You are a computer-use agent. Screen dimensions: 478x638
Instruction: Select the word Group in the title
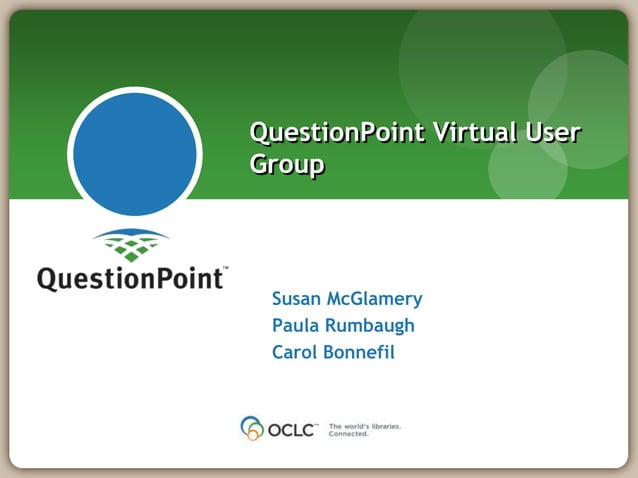286,166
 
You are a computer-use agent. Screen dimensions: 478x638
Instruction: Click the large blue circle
135,154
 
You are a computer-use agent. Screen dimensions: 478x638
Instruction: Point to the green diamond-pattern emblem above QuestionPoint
131,245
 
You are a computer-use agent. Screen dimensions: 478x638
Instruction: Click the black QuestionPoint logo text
131,277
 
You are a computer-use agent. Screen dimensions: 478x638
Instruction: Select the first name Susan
296,299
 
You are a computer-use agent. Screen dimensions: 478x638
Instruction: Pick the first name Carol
294,352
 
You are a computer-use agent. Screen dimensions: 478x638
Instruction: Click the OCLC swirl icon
251,428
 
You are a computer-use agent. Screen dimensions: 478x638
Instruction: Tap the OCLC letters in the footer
291,430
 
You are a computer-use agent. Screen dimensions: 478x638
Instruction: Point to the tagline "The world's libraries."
364,426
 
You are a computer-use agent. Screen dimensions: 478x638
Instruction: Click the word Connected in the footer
349,435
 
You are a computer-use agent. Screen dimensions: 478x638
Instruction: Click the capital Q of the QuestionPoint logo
48,277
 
